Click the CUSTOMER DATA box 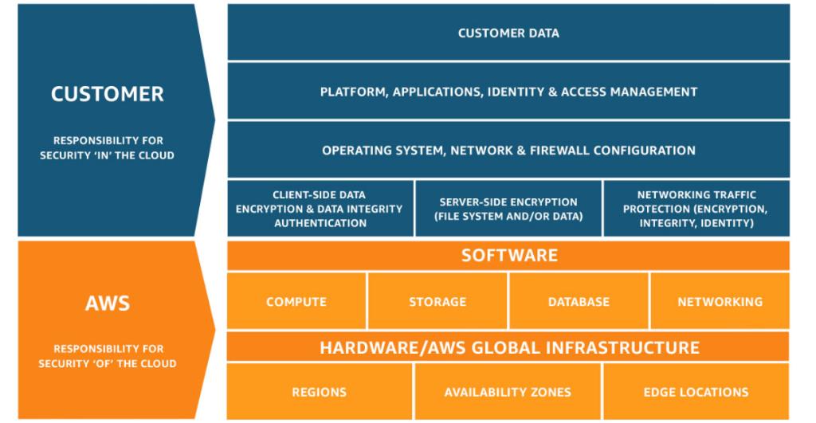(508, 33)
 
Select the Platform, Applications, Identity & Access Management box (508, 92)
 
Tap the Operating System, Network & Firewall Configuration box (508, 150)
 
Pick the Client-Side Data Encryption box (320, 209)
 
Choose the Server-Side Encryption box (508, 209)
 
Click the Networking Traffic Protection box (696, 209)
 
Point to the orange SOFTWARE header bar (508, 256)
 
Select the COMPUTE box (296, 302)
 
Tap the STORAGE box (437, 302)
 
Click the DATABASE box (579, 302)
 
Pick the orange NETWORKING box (720, 302)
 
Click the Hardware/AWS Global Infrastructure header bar (508, 348)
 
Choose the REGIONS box (320, 392)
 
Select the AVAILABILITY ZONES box (508, 392)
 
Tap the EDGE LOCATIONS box (696, 392)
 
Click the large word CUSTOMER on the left (108, 94)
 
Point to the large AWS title (108, 303)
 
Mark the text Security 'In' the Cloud (108, 155)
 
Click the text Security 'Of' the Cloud (108, 363)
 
